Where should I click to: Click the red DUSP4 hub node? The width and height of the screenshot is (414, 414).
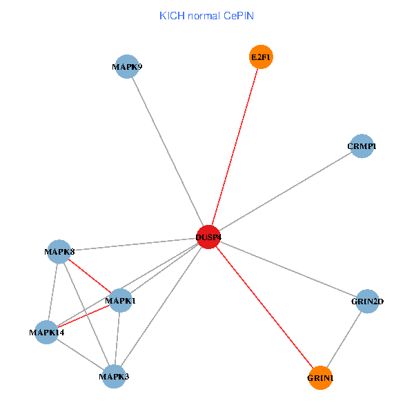click(208, 237)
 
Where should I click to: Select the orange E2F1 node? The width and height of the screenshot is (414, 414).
click(261, 57)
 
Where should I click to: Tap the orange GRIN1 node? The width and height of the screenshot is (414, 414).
click(320, 377)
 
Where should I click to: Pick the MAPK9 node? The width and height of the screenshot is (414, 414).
click(126, 67)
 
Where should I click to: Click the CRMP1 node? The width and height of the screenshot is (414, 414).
click(362, 146)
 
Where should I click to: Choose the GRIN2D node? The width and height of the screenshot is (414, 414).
click(368, 301)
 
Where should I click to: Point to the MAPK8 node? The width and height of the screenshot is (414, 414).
click(59, 251)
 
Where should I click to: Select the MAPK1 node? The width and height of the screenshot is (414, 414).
click(120, 300)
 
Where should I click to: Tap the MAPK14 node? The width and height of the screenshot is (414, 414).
click(46, 332)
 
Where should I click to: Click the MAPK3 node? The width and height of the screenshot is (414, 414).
click(114, 376)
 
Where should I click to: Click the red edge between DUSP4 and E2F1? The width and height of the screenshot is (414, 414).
click(235, 148)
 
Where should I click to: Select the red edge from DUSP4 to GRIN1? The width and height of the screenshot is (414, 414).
click(264, 308)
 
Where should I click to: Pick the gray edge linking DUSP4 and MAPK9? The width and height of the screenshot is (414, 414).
click(167, 152)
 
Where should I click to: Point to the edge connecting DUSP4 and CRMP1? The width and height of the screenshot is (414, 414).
click(285, 192)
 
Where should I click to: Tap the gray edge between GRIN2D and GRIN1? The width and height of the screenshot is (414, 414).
click(344, 339)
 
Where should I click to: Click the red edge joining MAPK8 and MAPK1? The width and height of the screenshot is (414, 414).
click(90, 275)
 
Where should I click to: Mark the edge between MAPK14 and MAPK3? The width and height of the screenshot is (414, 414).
click(80, 354)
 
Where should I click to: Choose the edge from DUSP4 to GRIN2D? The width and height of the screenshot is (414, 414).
click(288, 269)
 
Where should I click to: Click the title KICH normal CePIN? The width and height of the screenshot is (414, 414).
click(206, 15)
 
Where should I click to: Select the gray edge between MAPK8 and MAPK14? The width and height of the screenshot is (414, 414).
click(53, 291)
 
